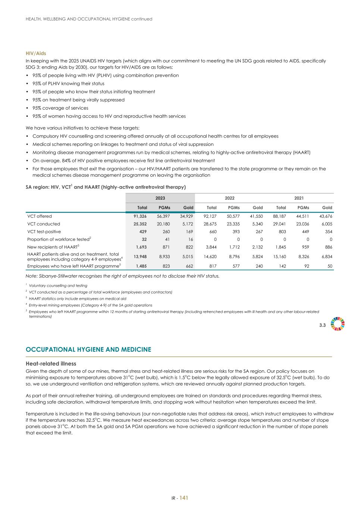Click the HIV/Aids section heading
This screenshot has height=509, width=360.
coord(36,53)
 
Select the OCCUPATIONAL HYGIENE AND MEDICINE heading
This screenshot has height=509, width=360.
coord(88,349)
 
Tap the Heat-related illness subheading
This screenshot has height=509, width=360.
coord(51,363)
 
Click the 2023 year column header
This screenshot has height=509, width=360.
coord(160,198)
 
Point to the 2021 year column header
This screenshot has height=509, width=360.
coord(299,198)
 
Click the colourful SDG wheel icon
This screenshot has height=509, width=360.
coord(338,324)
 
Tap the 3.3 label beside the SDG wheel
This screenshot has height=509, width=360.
coord(322,325)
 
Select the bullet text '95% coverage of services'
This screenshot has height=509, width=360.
coord(60,108)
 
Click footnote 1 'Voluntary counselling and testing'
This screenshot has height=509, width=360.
coord(58,286)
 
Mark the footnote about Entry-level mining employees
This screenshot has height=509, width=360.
coord(90,305)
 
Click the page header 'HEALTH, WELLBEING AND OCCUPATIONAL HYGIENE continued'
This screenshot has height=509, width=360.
coord(89,19)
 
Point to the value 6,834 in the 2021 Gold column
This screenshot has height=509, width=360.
coord(326,257)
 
